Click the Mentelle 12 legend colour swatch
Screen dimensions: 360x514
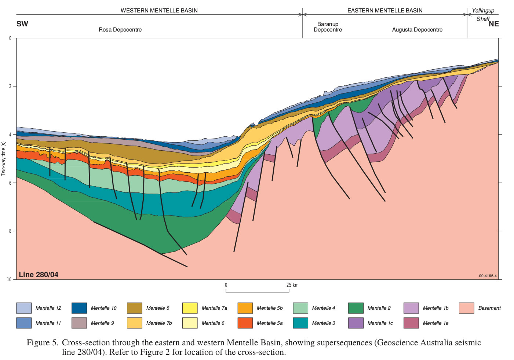(x=24, y=308)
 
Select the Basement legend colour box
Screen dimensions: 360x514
(x=466, y=308)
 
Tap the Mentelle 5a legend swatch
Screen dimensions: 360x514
(x=245, y=323)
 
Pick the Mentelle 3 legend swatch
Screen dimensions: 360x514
(x=300, y=323)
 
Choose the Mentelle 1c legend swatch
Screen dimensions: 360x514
(x=356, y=323)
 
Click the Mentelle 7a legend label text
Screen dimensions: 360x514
(x=214, y=308)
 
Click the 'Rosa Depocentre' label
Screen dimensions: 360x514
(x=120, y=30)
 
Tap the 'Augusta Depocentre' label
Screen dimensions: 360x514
(x=417, y=30)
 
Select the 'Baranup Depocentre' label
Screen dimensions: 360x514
(x=328, y=27)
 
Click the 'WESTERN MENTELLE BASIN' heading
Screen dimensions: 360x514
(x=159, y=11)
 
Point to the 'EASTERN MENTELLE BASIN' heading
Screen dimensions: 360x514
(x=385, y=11)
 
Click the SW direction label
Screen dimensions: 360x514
(x=22, y=24)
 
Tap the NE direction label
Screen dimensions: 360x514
(x=493, y=24)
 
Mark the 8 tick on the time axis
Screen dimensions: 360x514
(x=10, y=231)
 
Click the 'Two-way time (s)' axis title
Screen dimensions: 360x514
(x=4, y=159)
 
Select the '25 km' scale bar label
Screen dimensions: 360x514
(x=292, y=285)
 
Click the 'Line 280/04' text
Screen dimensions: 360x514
(x=39, y=275)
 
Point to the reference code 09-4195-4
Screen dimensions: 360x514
(x=488, y=276)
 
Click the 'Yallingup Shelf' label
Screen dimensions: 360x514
(x=483, y=15)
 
